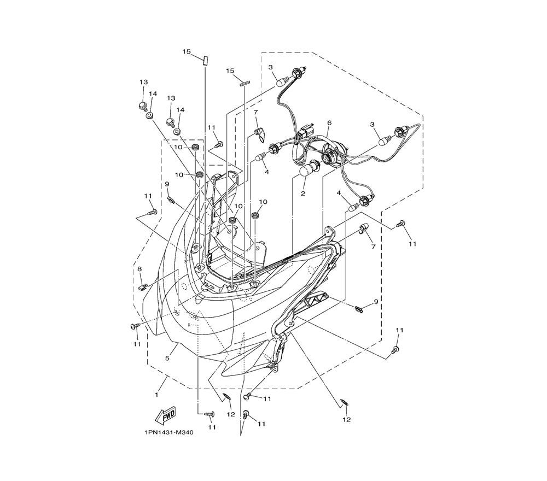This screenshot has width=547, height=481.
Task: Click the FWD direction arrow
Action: point(165,415)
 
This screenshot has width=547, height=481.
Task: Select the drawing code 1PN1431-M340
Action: point(168,433)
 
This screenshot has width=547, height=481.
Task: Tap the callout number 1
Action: point(156,395)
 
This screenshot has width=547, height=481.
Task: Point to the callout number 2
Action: point(303,193)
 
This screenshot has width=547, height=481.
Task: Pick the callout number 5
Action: point(167,358)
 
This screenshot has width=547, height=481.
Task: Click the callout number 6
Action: point(329,122)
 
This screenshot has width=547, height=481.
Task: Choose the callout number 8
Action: point(139,269)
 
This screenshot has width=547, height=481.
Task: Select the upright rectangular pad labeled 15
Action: point(205,60)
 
